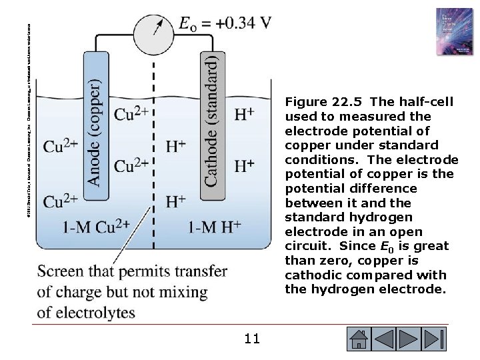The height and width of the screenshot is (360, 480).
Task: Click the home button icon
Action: [360, 339]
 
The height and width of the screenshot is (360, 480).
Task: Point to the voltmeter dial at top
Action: [152, 26]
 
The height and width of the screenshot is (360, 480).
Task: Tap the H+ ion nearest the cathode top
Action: [243, 114]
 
